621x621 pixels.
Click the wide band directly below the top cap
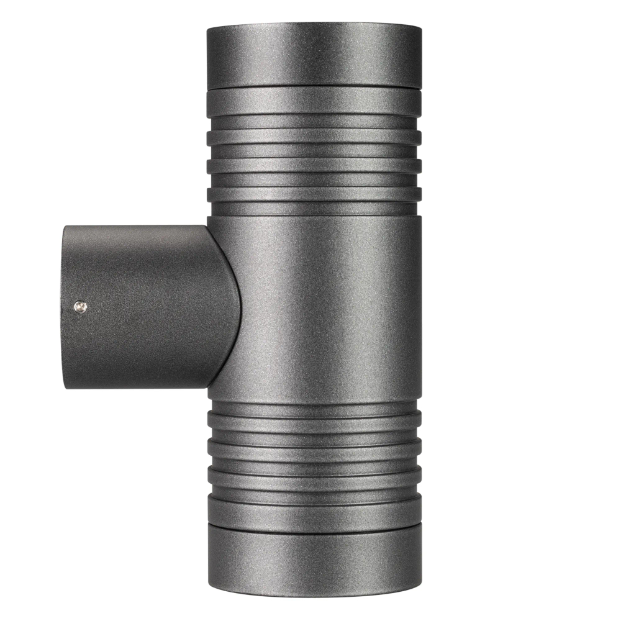[314, 102]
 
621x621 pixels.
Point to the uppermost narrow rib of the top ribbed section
[314, 137]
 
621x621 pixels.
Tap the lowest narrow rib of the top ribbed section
[314, 194]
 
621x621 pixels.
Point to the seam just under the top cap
[314, 88]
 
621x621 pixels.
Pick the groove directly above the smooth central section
[314, 209]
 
